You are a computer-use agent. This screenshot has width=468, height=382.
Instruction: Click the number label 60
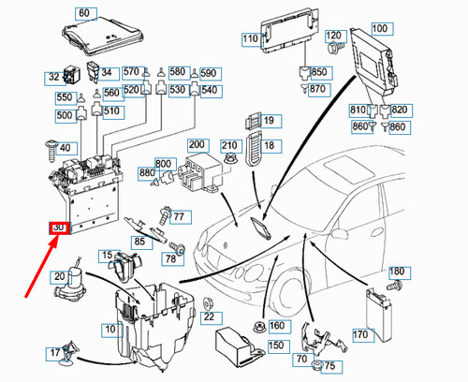85,13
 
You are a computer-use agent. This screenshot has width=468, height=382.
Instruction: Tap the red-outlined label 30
59,229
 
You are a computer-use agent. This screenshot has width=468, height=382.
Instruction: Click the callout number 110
251,38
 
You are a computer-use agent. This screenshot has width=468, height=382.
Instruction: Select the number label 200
197,144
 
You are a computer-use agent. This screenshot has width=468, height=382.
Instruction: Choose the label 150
275,345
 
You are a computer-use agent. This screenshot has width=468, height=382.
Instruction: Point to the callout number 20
58,276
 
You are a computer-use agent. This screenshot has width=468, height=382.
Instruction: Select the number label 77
178,216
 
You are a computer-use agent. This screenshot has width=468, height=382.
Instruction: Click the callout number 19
270,121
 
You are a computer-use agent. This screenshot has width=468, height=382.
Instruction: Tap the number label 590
208,72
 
